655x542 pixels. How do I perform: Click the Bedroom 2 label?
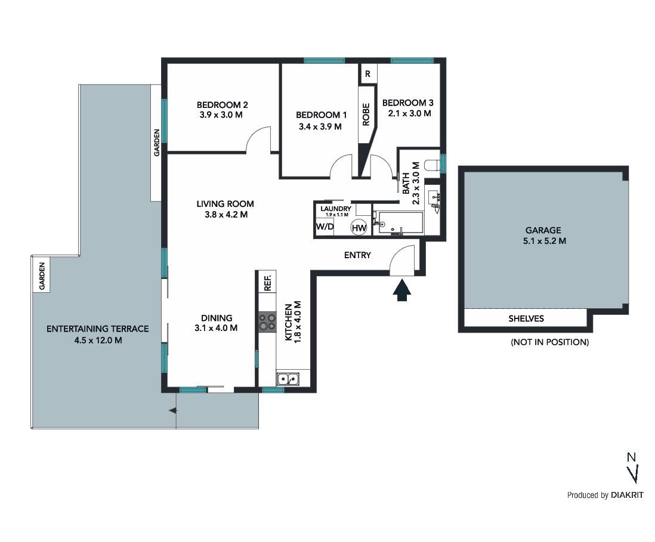coord(223,105)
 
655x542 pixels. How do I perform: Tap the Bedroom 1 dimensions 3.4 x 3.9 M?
coord(320,126)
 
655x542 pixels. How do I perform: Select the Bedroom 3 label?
coord(407,103)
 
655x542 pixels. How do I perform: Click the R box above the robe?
coord(367,74)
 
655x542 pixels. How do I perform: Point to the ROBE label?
coord(366,114)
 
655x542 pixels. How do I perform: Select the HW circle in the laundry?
coord(359,228)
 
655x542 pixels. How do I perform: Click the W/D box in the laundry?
coord(325,227)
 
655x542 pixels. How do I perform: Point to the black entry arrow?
coord(402,290)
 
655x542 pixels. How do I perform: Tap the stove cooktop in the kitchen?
coord(267,322)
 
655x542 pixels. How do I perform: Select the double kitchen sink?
coord(288,379)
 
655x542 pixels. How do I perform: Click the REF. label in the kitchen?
coord(268,283)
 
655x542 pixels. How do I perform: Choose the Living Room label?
coord(225,204)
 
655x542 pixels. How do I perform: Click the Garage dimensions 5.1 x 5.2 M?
coord(544,241)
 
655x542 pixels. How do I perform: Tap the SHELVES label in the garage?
coord(526,318)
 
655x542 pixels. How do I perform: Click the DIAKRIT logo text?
coord(627,495)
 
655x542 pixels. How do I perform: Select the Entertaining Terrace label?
coord(97,329)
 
